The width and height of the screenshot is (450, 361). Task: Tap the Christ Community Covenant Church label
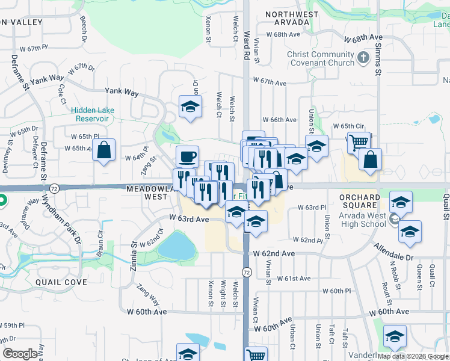point(321,58)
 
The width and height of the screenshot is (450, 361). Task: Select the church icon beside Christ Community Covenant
point(363,58)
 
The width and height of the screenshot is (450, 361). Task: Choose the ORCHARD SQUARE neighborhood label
point(360,202)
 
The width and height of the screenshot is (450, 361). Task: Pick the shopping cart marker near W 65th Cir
point(359,143)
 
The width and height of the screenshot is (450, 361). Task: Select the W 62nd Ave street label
point(274,254)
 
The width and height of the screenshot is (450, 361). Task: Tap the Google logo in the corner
point(20,354)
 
